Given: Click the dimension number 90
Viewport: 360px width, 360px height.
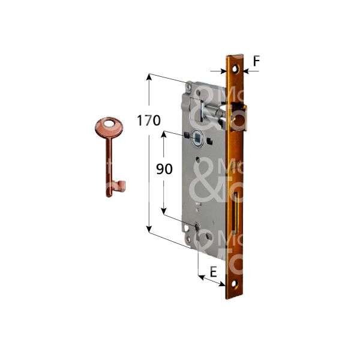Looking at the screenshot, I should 164,169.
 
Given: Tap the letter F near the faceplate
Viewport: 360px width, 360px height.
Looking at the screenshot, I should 256,61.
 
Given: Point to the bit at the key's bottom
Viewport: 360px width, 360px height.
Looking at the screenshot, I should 119,187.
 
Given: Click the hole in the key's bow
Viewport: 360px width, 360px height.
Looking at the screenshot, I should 109,125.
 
